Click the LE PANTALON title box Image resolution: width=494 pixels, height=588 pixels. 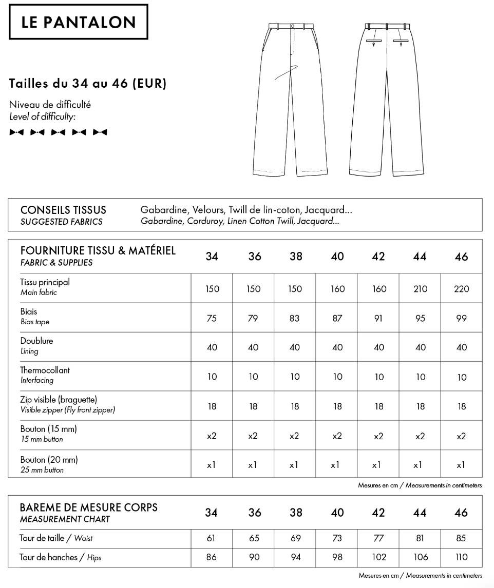click(x=79, y=22)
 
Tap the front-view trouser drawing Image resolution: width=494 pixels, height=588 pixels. click(x=291, y=100)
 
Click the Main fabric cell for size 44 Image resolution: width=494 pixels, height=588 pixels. click(x=420, y=289)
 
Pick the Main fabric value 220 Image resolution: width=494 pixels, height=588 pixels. click(x=462, y=289)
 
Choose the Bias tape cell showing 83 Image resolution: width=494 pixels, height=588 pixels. click(x=295, y=318)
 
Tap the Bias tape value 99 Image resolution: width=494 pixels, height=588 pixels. click(x=462, y=318)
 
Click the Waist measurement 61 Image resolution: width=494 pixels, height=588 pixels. click(x=211, y=538)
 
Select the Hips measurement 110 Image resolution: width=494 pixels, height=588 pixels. click(x=461, y=557)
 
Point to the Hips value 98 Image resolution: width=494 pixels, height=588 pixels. click(x=337, y=557)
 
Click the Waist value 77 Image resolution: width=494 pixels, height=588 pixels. click(x=378, y=538)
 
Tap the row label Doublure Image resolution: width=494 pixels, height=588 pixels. click(x=36, y=341)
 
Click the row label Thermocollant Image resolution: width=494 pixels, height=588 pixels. click(x=45, y=370)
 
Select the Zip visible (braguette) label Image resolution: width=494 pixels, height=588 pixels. click(x=59, y=399)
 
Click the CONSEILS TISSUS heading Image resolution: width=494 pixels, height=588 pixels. click(x=63, y=210)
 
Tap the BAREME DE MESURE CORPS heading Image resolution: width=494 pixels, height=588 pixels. click(x=89, y=507)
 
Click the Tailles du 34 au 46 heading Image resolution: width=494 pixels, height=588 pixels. click(x=88, y=83)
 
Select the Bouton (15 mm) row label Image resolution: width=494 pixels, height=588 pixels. click(x=48, y=428)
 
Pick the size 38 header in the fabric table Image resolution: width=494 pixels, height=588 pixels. click(x=296, y=257)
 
